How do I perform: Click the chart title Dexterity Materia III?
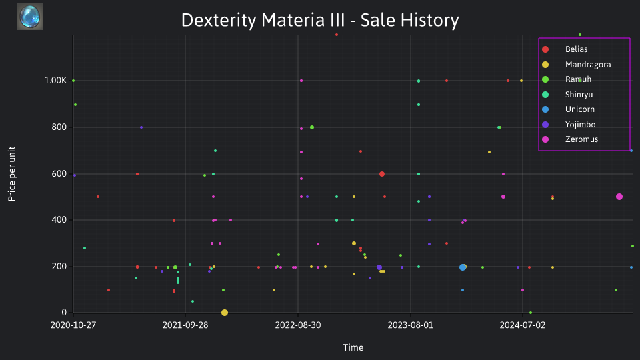coord(320,20)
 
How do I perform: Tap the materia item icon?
coord(30,17)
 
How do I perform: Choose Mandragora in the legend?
coord(576,65)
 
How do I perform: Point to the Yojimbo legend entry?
coord(569,125)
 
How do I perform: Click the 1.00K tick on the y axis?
coord(55,81)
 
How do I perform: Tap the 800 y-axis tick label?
coord(59,127)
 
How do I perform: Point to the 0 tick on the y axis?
coord(64,312)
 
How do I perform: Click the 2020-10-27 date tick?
coord(73,325)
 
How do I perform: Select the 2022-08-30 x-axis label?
coord(298,325)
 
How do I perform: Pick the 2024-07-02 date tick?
coord(523,325)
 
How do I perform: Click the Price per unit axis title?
coord(12,174)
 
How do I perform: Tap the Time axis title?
coord(353,347)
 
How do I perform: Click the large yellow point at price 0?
coord(225,313)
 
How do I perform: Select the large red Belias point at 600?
coord(382,174)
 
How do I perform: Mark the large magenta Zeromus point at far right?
coord(619,197)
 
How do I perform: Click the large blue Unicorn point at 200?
coord(463,267)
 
